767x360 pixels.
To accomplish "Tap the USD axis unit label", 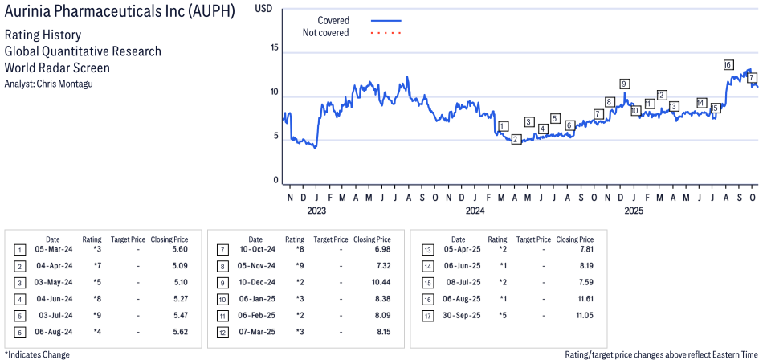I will coord(263,8).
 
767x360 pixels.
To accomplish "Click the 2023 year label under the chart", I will coord(316,211).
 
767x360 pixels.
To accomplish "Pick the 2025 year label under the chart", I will coord(634,211).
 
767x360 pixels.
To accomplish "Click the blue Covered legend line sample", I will coord(386,20).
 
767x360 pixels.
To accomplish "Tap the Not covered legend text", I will coord(325,33).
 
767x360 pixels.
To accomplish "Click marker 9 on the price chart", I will coord(624,84).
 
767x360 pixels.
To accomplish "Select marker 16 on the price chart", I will coord(728,64).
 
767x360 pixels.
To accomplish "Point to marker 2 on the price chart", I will coord(516,140).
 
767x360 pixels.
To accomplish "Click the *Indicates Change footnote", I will coord(37,354).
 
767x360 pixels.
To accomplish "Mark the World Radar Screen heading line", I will coord(57,68).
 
